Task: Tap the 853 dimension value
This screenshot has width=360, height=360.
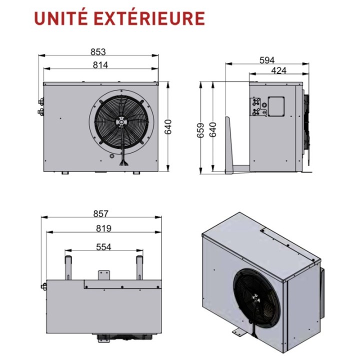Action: [x=98, y=52]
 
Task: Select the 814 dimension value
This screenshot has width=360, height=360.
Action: [x=100, y=65]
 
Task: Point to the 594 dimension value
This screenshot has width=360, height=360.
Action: [x=267, y=60]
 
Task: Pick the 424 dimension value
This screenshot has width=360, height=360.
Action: [x=278, y=70]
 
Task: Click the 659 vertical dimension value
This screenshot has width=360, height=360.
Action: [x=200, y=130]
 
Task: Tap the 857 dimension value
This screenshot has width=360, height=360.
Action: [x=100, y=214]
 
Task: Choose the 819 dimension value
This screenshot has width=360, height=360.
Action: [x=103, y=228]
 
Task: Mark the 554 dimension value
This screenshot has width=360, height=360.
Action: [x=103, y=247]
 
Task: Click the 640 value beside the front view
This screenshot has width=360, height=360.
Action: [x=168, y=126]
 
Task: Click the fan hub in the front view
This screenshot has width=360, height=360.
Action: [x=121, y=122]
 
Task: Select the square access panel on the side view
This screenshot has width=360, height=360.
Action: [x=276, y=106]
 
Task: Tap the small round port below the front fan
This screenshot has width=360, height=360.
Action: [x=112, y=156]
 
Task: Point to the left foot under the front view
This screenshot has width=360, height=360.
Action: [x=65, y=173]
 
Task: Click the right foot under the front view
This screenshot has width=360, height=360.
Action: [x=136, y=173]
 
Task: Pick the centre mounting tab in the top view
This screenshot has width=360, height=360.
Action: [x=104, y=275]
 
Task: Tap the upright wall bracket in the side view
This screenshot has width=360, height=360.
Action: [x=228, y=145]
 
